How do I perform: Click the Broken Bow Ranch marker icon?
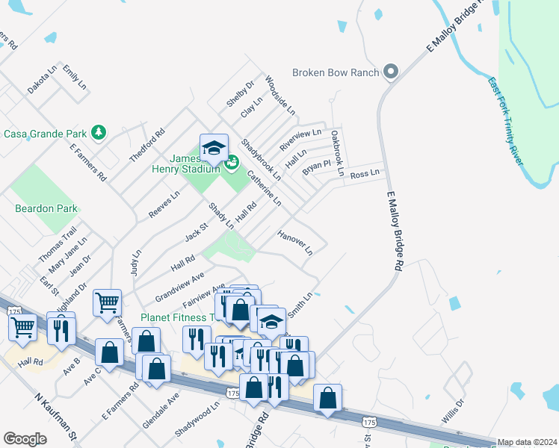pyautogui.click(x=390, y=72)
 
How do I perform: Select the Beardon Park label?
pyautogui.click(x=46, y=208)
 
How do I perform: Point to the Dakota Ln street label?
pyautogui.click(x=42, y=80)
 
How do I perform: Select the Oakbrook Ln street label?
pyautogui.click(x=337, y=153)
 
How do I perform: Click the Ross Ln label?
pyautogui.click(x=365, y=173)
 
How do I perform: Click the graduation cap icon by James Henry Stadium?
pyautogui.click(x=214, y=146)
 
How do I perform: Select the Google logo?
pyautogui.click(x=25, y=438)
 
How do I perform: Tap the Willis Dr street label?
pyautogui.click(x=452, y=411)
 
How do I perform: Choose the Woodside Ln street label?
pyautogui.click(x=280, y=97)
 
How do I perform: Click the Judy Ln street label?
pyautogui.click(x=136, y=263)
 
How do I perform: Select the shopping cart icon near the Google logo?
pyautogui.click(x=22, y=327)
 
